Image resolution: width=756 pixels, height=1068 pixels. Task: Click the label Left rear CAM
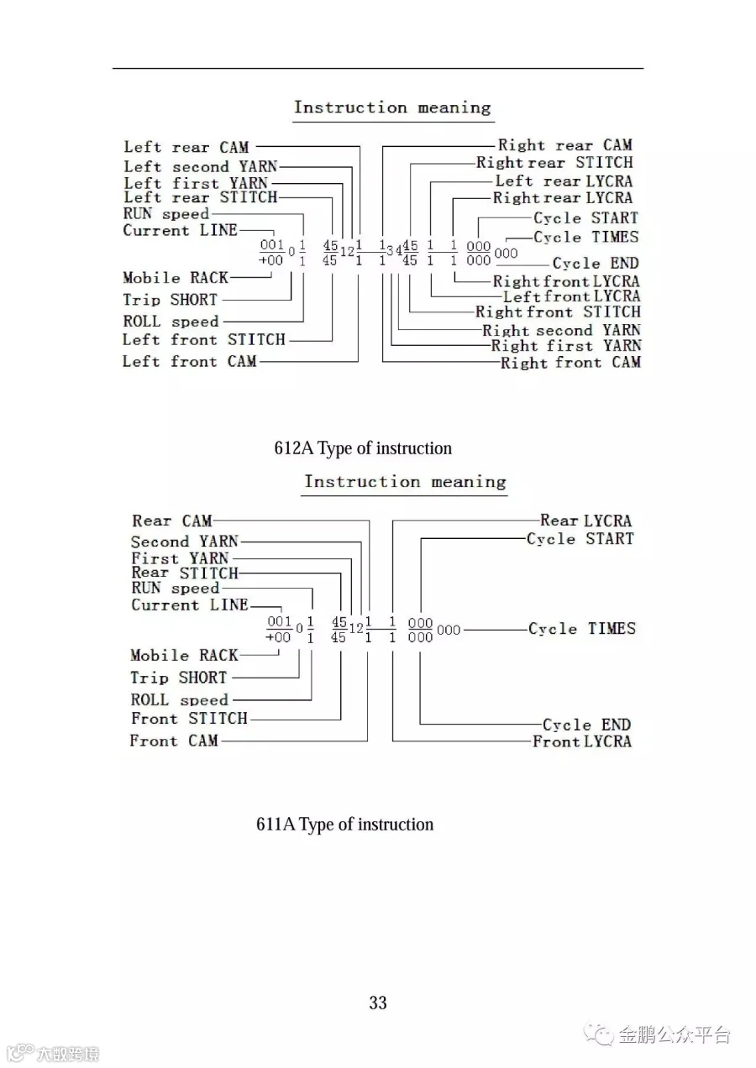point(186,148)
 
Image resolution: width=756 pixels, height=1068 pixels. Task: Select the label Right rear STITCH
point(554,163)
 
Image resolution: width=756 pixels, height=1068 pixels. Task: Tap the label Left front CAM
point(190,362)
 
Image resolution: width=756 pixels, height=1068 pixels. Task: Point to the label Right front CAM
point(570,363)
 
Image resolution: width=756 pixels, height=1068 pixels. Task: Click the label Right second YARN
point(561,330)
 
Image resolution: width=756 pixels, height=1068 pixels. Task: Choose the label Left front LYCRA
point(571,296)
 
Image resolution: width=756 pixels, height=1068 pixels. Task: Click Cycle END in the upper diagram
point(595,263)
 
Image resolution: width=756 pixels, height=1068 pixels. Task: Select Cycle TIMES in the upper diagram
point(585,238)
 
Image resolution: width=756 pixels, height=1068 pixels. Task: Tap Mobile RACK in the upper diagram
point(175,278)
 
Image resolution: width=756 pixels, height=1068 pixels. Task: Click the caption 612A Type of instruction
point(363,448)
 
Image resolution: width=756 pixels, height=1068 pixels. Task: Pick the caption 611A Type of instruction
point(344,825)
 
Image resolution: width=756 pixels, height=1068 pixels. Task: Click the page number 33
point(378,1003)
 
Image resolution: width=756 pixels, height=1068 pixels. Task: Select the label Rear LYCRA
point(585,521)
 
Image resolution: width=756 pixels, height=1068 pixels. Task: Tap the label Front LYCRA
point(582,741)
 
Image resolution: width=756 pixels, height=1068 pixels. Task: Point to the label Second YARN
point(185,542)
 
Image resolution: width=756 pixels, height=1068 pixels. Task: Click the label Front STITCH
point(190,719)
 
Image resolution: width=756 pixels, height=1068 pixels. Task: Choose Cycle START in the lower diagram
point(580,539)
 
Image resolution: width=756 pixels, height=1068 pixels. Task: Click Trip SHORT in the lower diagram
point(178,678)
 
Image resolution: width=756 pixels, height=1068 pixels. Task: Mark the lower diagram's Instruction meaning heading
point(405,482)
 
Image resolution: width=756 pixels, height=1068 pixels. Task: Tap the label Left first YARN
point(196,182)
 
